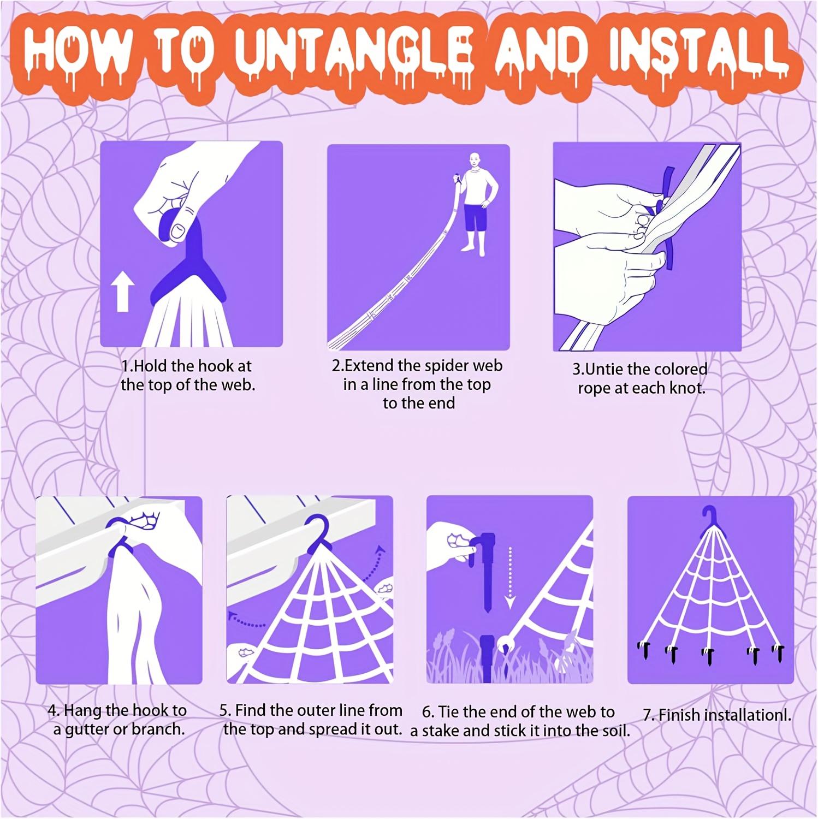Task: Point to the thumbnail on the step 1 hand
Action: click(179, 233)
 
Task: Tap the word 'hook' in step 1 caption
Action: click(215, 366)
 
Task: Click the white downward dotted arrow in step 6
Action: click(509, 579)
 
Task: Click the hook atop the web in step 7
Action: click(709, 516)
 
